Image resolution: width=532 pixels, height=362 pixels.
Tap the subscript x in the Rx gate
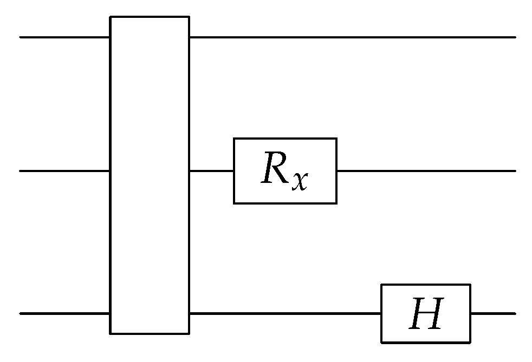tap(299, 181)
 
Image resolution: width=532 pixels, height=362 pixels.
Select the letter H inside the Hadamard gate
tap(426, 313)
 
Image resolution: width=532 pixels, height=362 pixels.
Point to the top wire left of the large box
tap(65, 37)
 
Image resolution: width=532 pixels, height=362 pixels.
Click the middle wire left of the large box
tap(65, 171)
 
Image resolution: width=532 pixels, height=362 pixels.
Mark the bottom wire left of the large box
tap(65, 313)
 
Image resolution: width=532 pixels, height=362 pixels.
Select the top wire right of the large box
tap(352, 37)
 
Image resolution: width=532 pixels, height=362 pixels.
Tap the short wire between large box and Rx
tap(211, 171)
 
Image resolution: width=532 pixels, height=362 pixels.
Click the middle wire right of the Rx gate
tap(426, 171)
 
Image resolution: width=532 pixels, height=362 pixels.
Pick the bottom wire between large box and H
tap(285, 313)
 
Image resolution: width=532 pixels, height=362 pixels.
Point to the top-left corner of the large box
tap(111, 17)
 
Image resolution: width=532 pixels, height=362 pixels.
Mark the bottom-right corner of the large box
tap(189, 333)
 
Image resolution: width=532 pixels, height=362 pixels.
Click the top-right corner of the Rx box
tap(336, 139)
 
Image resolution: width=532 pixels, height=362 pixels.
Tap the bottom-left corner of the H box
tap(381, 342)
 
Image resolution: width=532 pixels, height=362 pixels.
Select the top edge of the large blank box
tap(150, 17)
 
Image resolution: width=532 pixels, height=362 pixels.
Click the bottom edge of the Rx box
tap(285, 203)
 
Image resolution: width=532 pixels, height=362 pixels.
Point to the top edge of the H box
tap(426, 285)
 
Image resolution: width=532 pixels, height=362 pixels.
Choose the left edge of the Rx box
tap(234, 171)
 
